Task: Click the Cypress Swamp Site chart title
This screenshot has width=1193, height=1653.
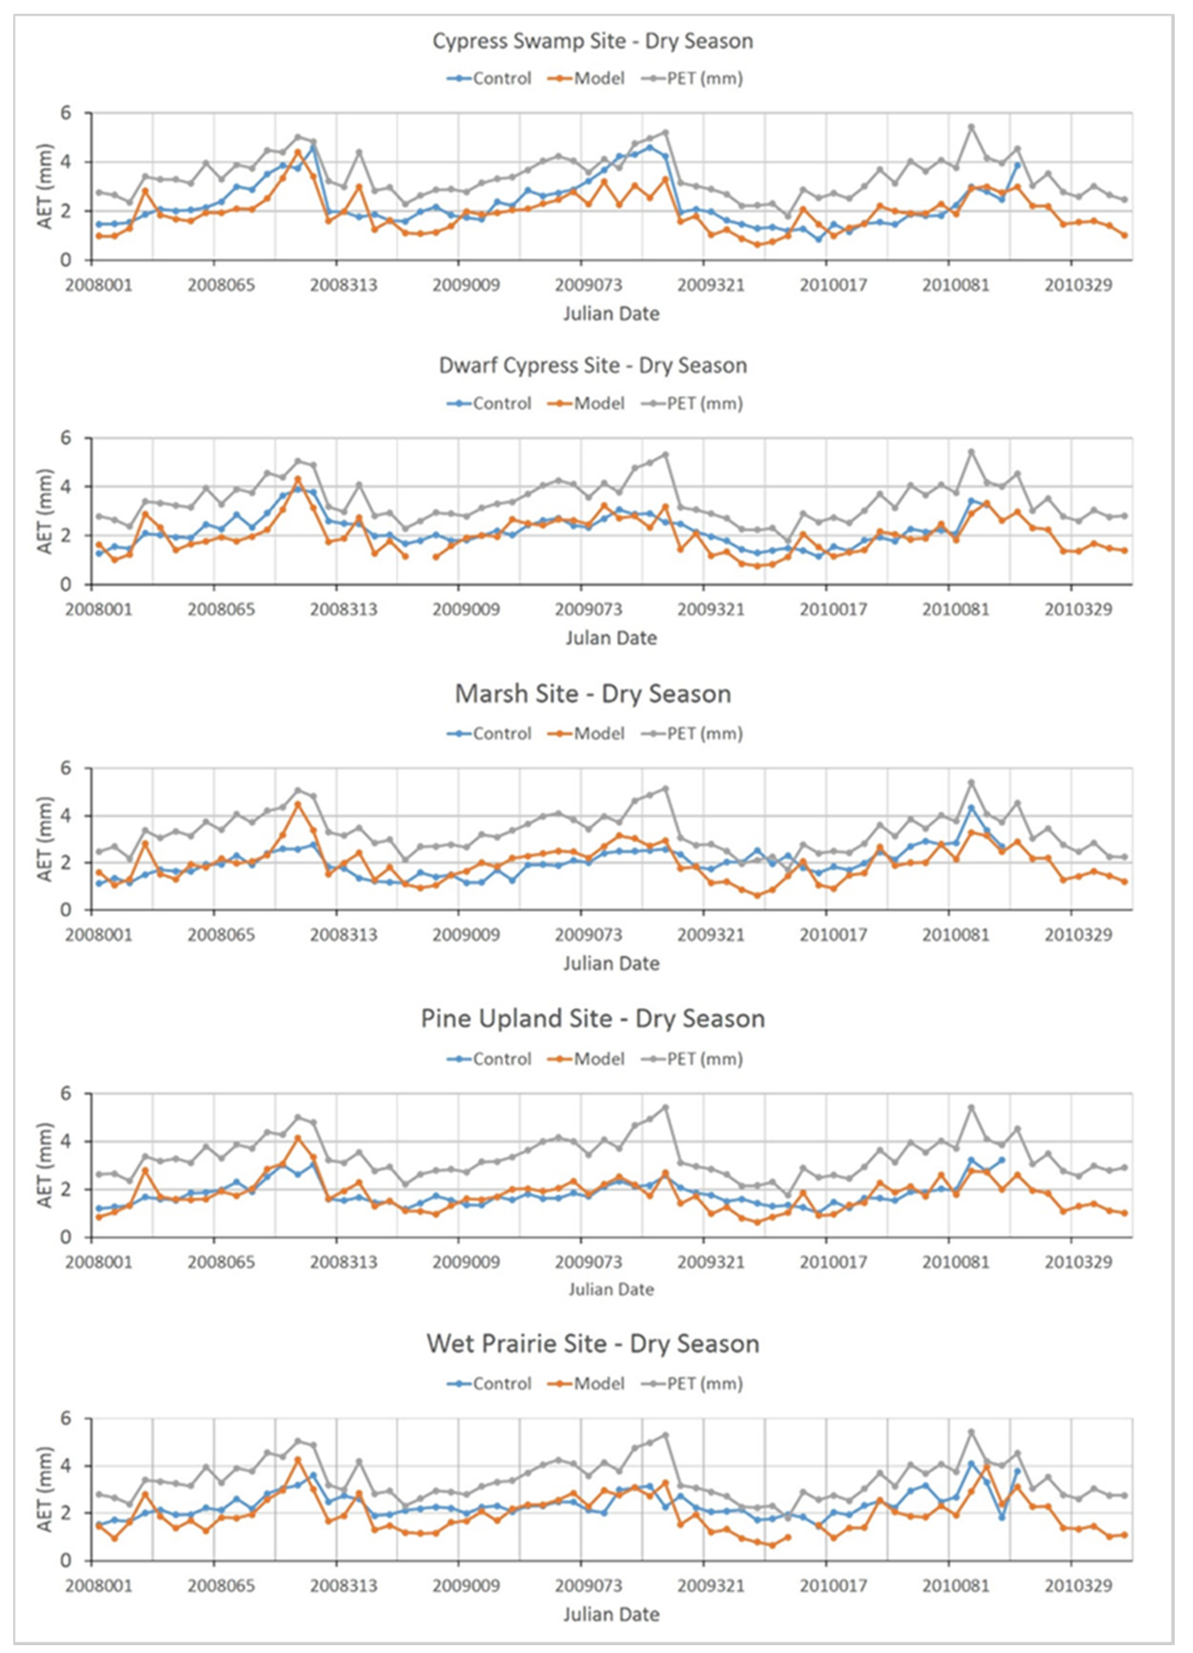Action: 593,41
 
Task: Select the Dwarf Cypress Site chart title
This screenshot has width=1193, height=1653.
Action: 593,365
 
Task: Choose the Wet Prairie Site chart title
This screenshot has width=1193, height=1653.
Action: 593,1343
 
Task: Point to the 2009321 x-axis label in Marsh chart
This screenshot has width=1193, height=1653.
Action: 711,934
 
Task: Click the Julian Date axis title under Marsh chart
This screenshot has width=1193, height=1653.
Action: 611,964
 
